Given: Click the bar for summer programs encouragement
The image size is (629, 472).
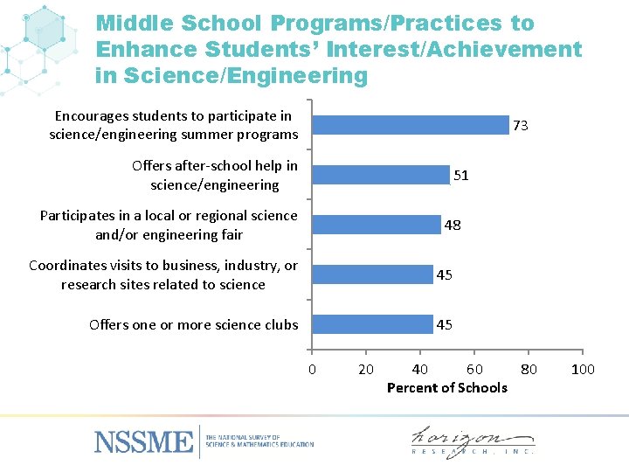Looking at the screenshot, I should [x=411, y=125].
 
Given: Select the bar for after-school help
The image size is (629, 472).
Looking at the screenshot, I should [x=381, y=175].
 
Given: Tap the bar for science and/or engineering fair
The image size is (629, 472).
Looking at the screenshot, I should [x=377, y=225].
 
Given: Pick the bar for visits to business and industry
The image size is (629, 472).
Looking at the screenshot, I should [x=373, y=274].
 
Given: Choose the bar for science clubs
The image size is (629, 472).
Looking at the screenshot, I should [x=373, y=324].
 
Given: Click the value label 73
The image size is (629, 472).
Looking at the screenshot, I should [x=520, y=126].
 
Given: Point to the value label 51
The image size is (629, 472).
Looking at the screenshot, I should [x=460, y=176].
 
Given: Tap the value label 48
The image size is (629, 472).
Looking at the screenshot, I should [x=453, y=226].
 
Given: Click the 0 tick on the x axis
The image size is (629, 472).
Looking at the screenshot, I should [x=312, y=369].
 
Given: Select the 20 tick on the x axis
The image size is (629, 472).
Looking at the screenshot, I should [x=366, y=369].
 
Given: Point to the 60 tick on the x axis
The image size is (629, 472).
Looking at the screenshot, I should [x=474, y=369].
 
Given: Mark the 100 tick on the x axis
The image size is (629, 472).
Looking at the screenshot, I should [x=583, y=369].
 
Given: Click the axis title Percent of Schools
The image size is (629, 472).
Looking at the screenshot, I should [x=446, y=387].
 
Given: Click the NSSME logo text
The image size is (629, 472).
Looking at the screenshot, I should [x=143, y=441].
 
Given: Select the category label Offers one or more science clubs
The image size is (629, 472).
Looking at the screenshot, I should [x=193, y=325].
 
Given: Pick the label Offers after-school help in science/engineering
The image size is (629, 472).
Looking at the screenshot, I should [x=214, y=175].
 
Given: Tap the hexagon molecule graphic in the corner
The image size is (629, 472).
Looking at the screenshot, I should [x=44, y=39].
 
